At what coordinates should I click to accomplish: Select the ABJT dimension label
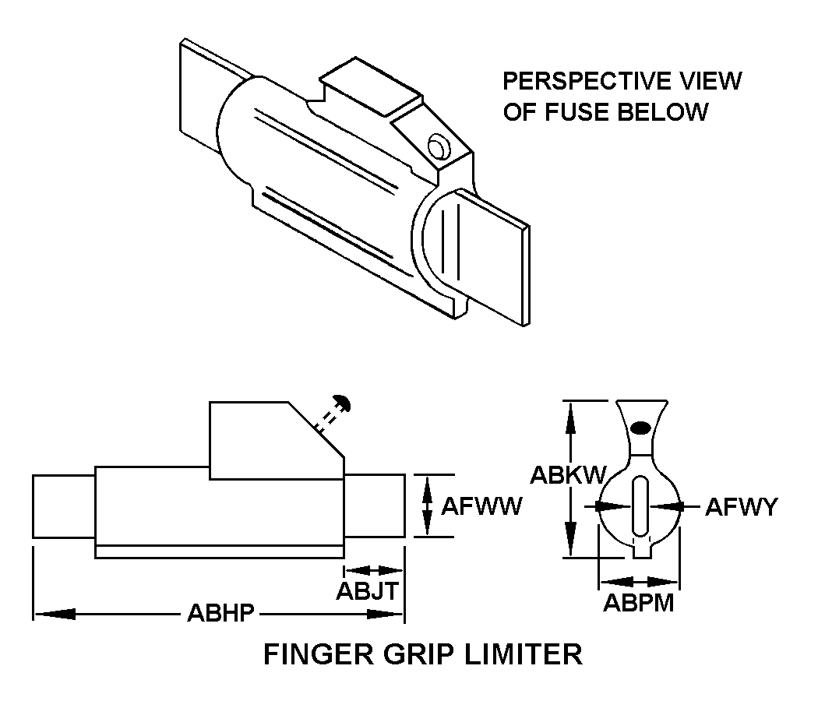pos(368,590)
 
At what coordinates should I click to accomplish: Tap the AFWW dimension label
pos(481,506)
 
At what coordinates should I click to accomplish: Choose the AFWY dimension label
pos(741,507)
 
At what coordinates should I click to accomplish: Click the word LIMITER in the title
pos(525,653)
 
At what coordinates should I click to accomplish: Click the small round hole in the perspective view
pos(436,144)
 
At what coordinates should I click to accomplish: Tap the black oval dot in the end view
pos(640,428)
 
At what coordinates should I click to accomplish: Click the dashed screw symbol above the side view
pos(332,413)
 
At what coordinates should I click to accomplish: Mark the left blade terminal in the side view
pos(63,505)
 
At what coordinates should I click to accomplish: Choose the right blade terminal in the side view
pos(375,505)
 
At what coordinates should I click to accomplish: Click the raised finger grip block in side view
pos(265,440)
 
